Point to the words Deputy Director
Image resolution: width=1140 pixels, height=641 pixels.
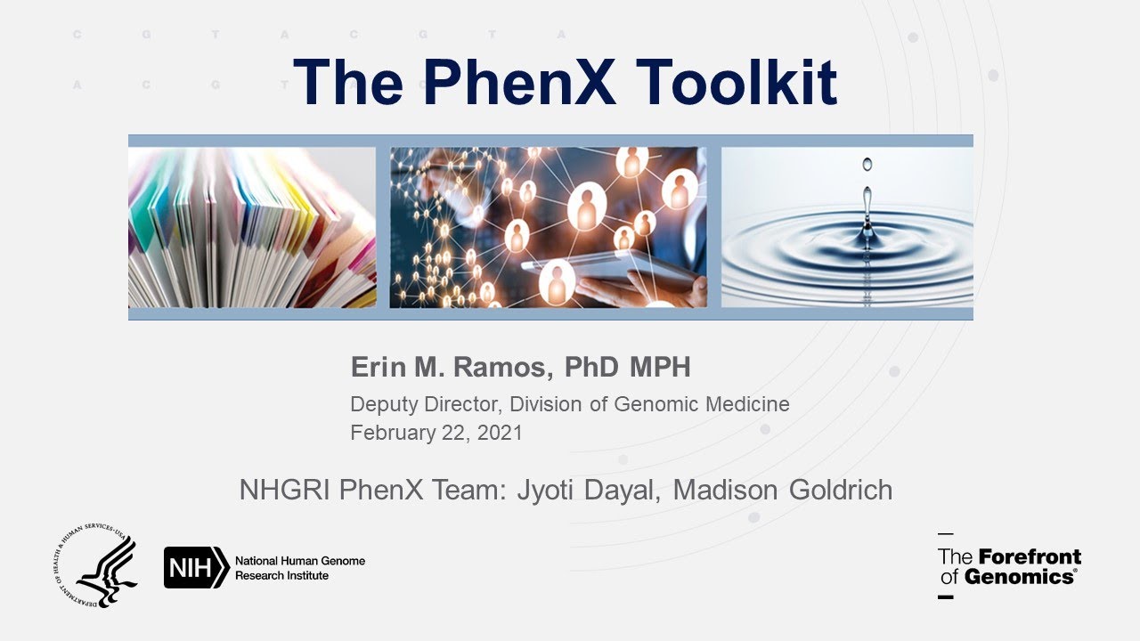click(x=427, y=404)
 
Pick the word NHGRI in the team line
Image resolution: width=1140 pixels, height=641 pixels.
click(x=285, y=490)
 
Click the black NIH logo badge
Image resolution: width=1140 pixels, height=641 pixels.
click(x=196, y=567)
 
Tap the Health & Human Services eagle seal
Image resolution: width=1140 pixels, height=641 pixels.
click(x=95, y=566)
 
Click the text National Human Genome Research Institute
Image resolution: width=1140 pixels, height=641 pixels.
click(x=299, y=568)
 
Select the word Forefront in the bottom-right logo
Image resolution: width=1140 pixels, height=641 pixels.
click(x=1030, y=557)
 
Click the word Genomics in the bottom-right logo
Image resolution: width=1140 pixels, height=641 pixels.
click(x=1020, y=577)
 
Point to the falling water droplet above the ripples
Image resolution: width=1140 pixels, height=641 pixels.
click(x=867, y=165)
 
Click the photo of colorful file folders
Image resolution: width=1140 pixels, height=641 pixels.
click(x=252, y=227)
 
